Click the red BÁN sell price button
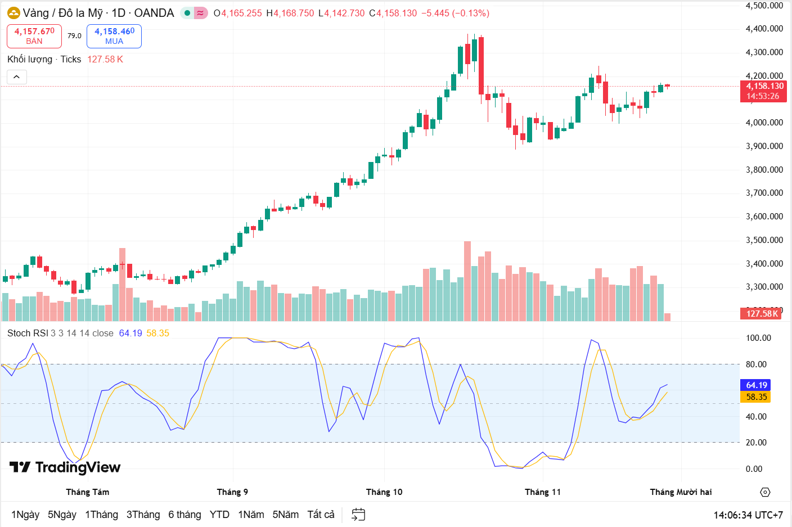click(34, 36)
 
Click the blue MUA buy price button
click(114, 36)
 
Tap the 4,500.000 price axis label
click(764, 6)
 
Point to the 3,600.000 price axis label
click(764, 217)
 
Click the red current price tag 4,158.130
click(764, 91)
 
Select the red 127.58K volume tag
click(762, 314)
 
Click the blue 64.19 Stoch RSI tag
click(756, 385)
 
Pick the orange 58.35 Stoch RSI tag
click(756, 397)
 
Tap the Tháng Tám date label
click(88, 492)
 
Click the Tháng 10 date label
click(384, 492)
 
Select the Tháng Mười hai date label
click(681, 492)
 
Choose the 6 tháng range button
click(184, 515)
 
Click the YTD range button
click(219, 515)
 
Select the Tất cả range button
click(321, 515)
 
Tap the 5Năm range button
click(285, 515)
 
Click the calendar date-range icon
click(358, 515)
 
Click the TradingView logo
click(65, 467)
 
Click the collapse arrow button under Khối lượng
click(17, 77)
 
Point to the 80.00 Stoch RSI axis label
click(756, 364)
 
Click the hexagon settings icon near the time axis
click(765, 492)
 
